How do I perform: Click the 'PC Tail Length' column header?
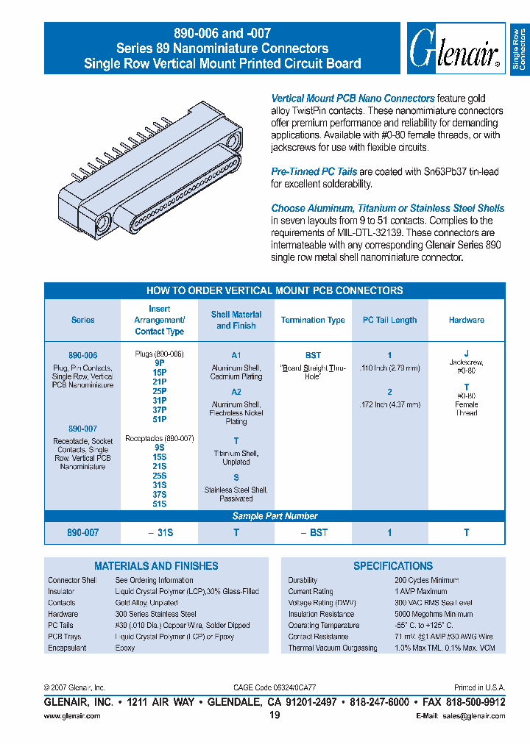click(x=389, y=321)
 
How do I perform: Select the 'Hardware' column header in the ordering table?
click(x=466, y=321)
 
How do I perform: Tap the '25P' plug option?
click(x=159, y=391)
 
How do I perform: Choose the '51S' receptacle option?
click(x=159, y=504)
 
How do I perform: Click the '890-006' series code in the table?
click(x=82, y=354)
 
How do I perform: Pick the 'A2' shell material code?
click(x=236, y=393)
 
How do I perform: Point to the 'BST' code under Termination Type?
click(x=313, y=354)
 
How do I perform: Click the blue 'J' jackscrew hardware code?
click(x=466, y=354)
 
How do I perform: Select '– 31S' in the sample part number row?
click(x=162, y=532)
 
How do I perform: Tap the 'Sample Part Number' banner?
click(x=275, y=516)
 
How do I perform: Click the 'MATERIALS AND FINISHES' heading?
click(x=156, y=566)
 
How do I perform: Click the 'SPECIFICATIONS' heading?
click(x=393, y=566)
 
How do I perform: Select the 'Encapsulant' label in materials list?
click(x=67, y=648)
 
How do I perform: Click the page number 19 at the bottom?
click(x=275, y=715)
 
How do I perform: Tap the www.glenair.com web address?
click(x=72, y=715)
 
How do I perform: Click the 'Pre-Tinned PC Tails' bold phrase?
click(x=314, y=171)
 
